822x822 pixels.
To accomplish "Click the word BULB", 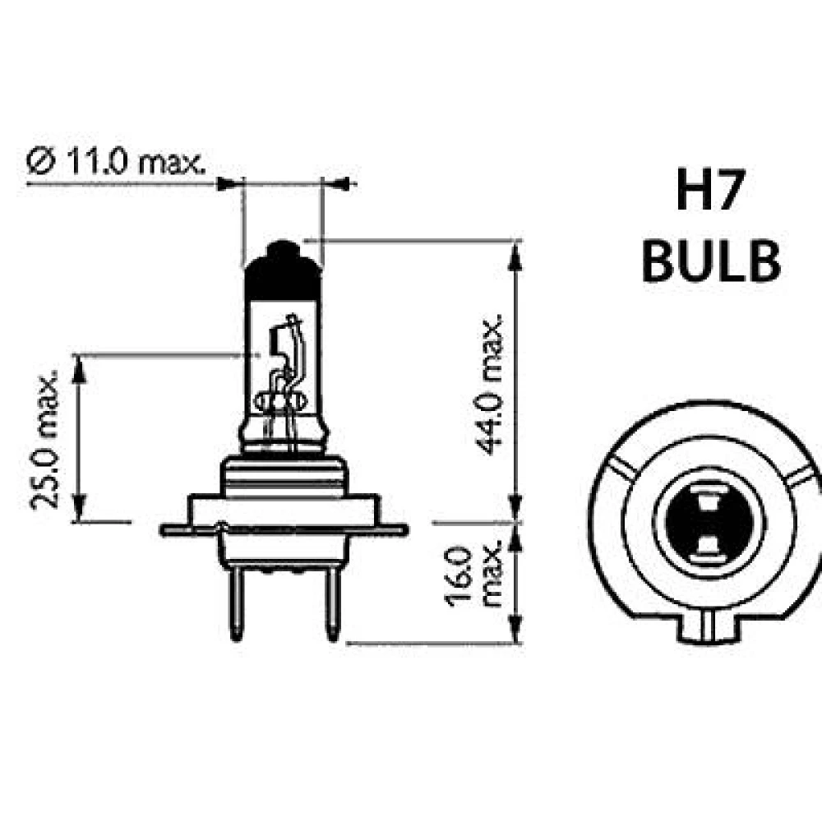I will click(x=710, y=262).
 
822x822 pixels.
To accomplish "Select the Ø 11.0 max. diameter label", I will click(x=116, y=163).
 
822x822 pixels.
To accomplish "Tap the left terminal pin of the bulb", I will click(x=235, y=604).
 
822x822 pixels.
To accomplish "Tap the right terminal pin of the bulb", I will click(x=331, y=604).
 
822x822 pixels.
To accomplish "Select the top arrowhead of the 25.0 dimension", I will click(x=79, y=368).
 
